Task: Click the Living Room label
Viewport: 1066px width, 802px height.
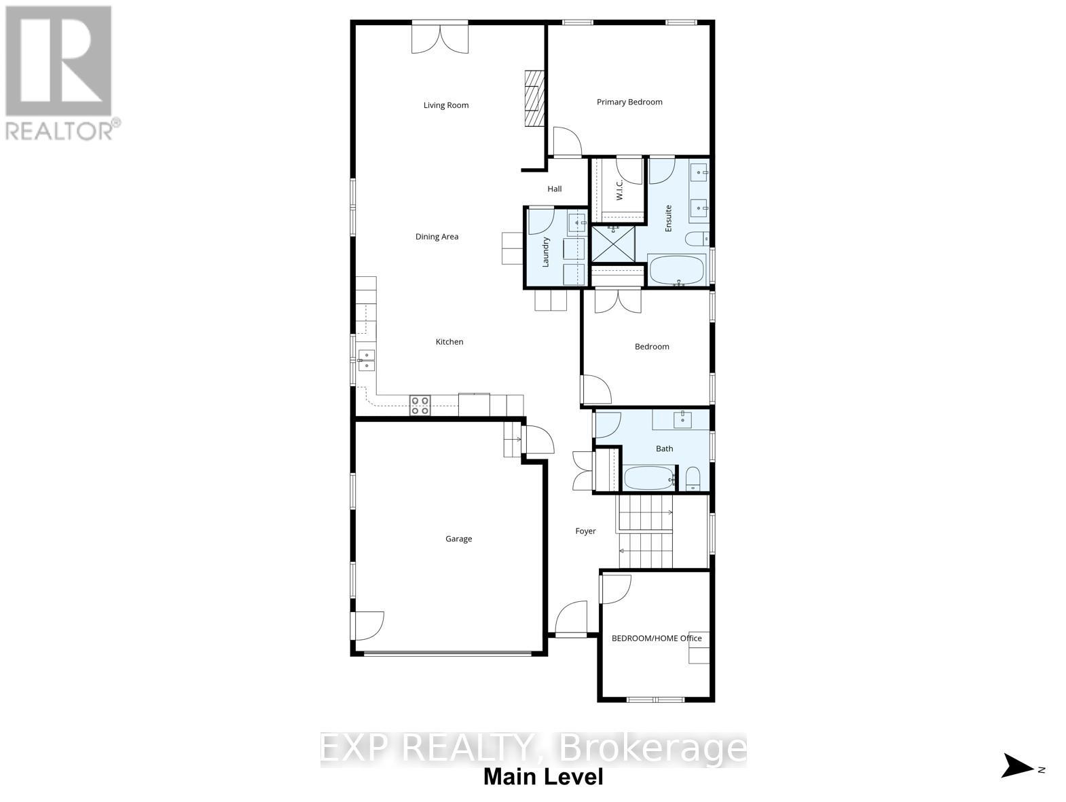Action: pyautogui.click(x=446, y=105)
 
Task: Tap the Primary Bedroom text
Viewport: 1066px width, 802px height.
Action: pyautogui.click(x=629, y=102)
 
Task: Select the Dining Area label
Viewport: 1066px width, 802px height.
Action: pyautogui.click(x=437, y=237)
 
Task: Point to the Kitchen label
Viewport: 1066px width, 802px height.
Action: pyautogui.click(x=449, y=342)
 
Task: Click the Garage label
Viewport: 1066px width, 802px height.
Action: pyautogui.click(x=458, y=539)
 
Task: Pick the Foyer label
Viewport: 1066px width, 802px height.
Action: pyautogui.click(x=585, y=531)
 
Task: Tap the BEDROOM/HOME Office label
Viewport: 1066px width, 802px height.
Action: pyautogui.click(x=657, y=638)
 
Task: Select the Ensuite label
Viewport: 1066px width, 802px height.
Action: pyautogui.click(x=668, y=218)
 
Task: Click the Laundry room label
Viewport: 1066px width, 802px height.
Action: pyautogui.click(x=545, y=251)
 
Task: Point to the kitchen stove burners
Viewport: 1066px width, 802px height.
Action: pyautogui.click(x=420, y=405)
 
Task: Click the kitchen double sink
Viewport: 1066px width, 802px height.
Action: pyautogui.click(x=366, y=360)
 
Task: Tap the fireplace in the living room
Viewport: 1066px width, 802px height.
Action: pyautogui.click(x=534, y=98)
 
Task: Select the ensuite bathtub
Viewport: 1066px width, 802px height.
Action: pyautogui.click(x=678, y=270)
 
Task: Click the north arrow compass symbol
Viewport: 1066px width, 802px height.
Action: pyautogui.click(x=1018, y=766)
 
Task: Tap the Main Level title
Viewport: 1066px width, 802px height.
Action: pyautogui.click(x=543, y=777)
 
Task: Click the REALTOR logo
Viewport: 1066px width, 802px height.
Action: pyautogui.click(x=60, y=72)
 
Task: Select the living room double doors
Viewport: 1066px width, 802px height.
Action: pyautogui.click(x=440, y=37)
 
